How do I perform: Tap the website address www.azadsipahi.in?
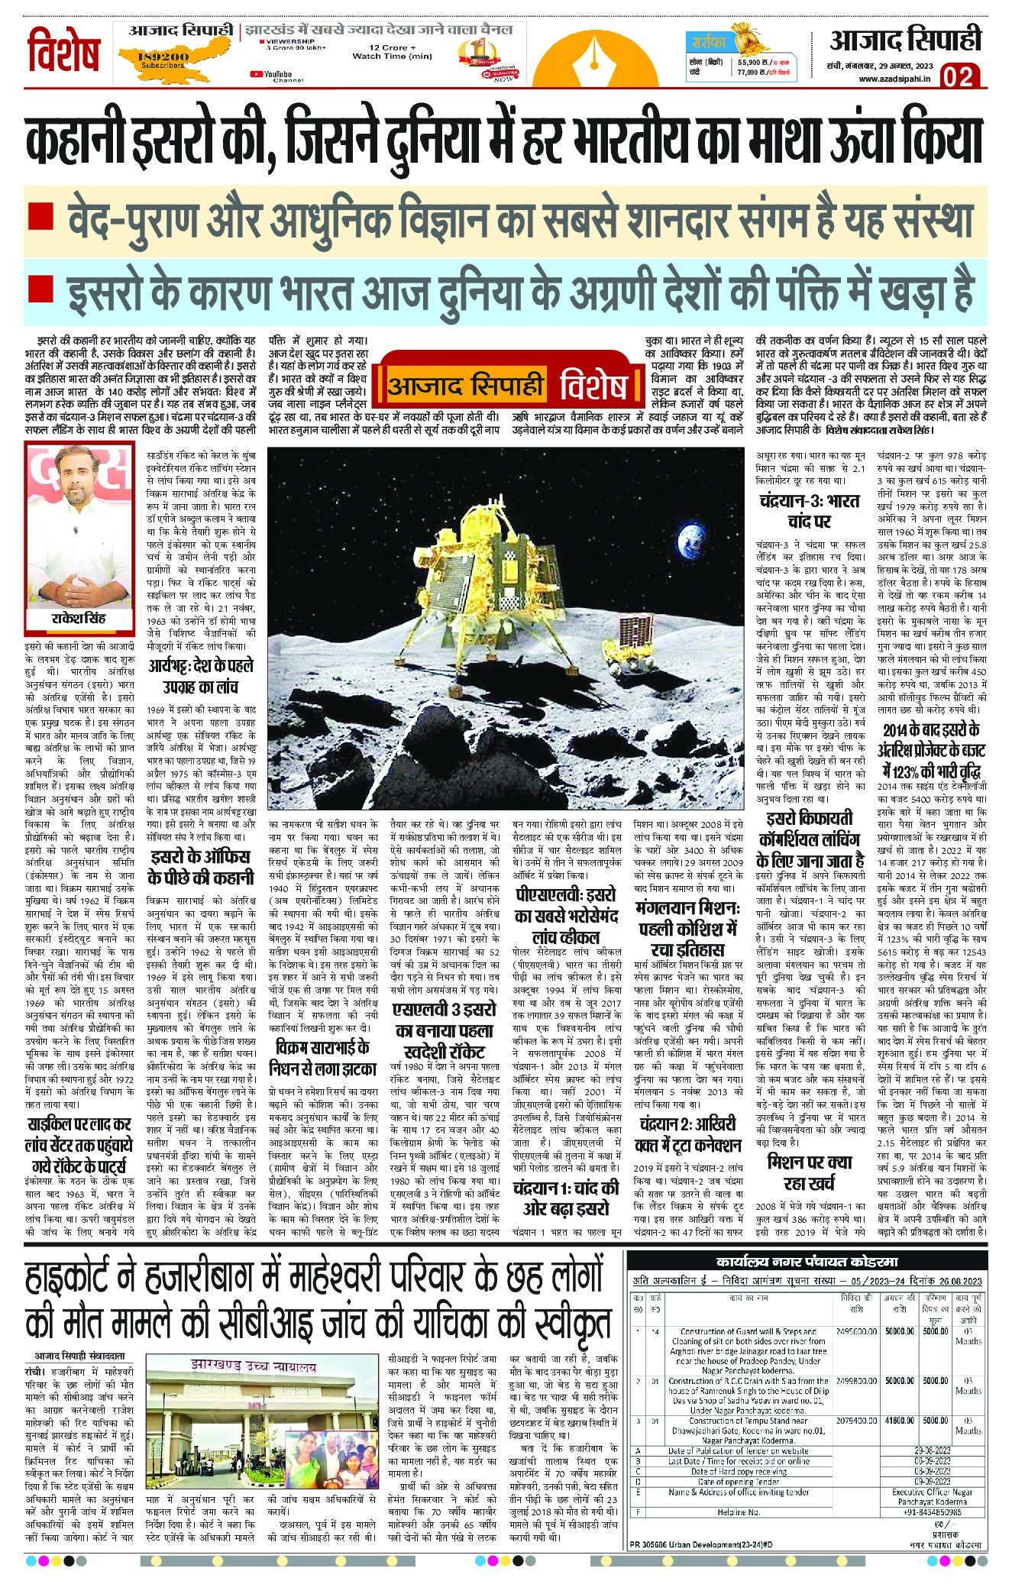893,79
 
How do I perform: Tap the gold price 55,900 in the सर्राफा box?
752,61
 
